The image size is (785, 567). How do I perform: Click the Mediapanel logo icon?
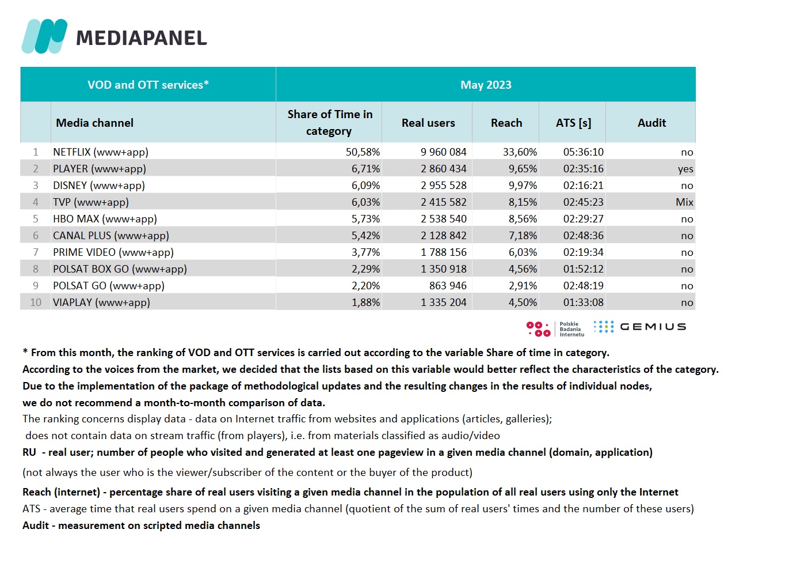tap(44, 36)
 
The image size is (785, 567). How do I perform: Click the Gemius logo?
tap(640, 327)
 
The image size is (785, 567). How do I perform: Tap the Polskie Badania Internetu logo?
tap(555, 329)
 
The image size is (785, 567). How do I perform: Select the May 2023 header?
tap(486, 85)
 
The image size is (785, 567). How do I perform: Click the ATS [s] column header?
tap(573, 123)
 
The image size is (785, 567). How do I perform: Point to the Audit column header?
tap(651, 123)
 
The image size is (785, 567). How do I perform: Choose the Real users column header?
tap(428, 123)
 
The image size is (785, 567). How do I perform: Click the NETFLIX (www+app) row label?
tap(101, 152)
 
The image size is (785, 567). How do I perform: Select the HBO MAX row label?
tap(105, 219)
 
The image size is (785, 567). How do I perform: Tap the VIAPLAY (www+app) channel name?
tap(101, 303)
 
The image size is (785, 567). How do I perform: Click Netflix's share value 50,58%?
tap(363, 152)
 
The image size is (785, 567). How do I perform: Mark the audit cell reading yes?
tap(685, 169)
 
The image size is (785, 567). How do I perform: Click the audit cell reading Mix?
tap(684, 202)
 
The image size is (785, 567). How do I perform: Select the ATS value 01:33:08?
tap(583, 303)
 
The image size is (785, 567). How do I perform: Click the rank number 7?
tap(36, 252)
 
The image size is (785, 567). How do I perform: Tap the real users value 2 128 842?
tap(443, 236)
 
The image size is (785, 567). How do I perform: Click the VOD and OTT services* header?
tap(148, 85)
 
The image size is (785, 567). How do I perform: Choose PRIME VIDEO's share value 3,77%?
tap(365, 252)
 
